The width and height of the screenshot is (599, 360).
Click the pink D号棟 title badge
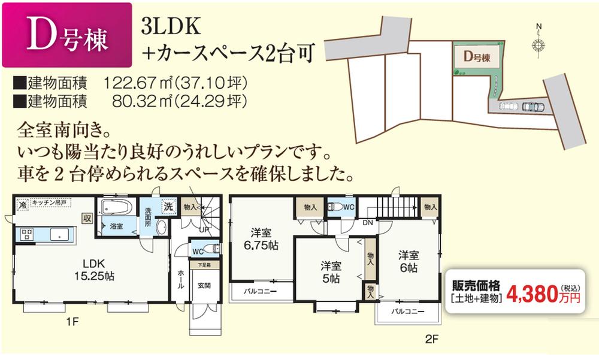point(67,37)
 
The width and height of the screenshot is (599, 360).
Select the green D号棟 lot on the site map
point(477,58)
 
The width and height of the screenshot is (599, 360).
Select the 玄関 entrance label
point(204,286)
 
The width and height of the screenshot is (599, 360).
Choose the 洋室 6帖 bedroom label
point(409,261)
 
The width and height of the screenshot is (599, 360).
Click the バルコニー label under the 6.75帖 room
point(259,292)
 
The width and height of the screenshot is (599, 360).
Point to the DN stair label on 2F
point(368,222)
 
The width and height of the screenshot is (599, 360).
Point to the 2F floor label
point(432,340)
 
